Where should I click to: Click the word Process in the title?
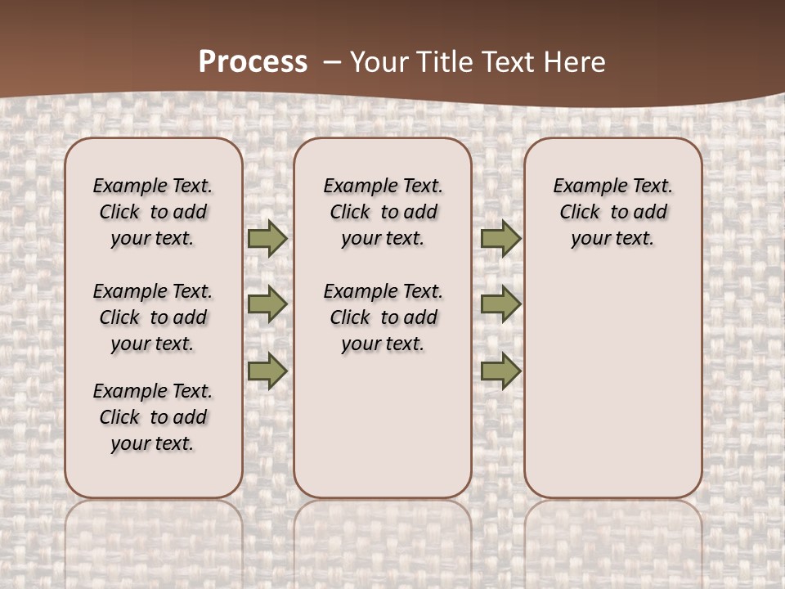click(253, 62)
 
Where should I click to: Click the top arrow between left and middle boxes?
click(267, 238)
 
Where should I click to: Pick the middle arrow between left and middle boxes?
click(267, 304)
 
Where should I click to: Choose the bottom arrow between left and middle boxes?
click(267, 371)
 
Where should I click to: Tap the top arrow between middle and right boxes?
click(500, 238)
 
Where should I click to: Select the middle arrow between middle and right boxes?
click(500, 304)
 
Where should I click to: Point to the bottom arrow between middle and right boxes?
click(500, 371)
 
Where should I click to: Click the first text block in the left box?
click(153, 212)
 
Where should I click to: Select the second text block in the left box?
click(153, 317)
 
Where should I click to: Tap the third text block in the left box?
click(153, 417)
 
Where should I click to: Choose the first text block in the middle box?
click(383, 212)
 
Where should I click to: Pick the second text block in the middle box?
click(383, 317)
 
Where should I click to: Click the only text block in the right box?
click(612, 212)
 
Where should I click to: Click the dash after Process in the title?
click(332, 62)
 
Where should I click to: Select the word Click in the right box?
click(580, 213)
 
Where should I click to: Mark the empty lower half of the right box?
click(612, 384)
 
